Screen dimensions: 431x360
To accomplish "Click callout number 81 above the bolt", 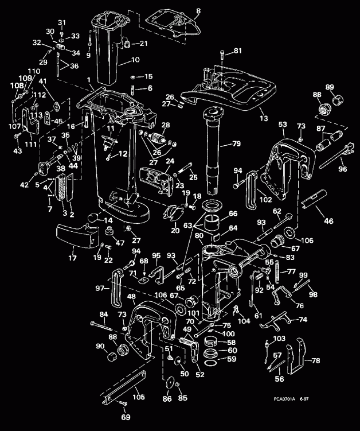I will [x=237, y=51].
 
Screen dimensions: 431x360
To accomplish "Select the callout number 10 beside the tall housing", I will [x=135, y=59].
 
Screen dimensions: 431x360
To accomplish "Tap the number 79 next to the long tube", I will [x=236, y=143].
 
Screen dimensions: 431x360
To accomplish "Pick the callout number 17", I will [x=72, y=259].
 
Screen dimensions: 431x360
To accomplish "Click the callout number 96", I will [x=343, y=169].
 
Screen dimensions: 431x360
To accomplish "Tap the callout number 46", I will [x=328, y=220].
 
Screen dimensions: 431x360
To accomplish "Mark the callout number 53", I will [x=282, y=124].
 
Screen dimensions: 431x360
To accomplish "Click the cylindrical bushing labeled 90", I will [x=109, y=360].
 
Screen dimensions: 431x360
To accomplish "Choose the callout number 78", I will [x=316, y=360].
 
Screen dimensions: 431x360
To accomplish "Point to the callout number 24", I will [x=170, y=161].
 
